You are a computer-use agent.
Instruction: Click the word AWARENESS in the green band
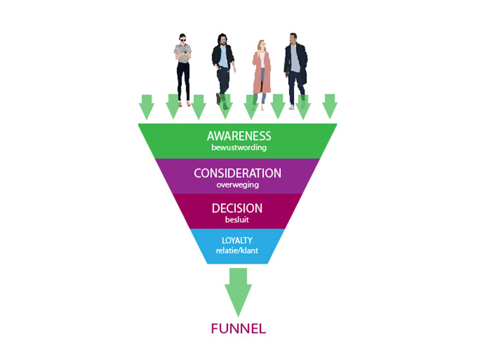click(239, 136)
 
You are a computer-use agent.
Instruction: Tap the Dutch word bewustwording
click(239, 148)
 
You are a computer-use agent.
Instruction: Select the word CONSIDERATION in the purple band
click(238, 173)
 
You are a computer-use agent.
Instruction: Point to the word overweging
click(238, 185)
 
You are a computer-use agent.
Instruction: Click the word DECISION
click(237, 208)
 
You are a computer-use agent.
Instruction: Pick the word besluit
click(237, 220)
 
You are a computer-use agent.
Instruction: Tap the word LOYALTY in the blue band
click(237, 241)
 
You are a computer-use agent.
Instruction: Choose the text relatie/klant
click(237, 250)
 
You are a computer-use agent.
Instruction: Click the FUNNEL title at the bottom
click(238, 329)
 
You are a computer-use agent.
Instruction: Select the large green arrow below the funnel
click(238, 292)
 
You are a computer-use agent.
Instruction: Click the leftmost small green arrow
click(146, 107)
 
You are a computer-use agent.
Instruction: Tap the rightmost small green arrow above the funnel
click(329, 107)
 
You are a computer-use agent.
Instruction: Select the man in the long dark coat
click(295, 71)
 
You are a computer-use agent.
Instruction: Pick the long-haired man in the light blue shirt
click(223, 69)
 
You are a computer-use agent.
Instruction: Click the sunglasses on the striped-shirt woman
click(182, 40)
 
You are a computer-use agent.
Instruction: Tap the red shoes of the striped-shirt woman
click(184, 104)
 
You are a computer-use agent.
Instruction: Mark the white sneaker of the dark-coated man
click(292, 107)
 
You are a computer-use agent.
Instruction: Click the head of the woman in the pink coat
click(262, 44)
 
